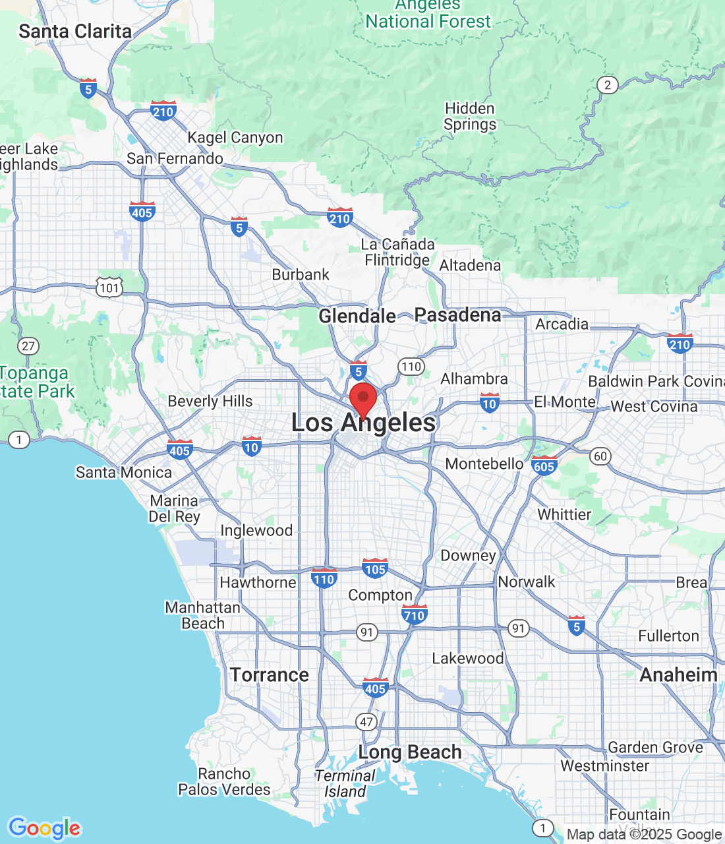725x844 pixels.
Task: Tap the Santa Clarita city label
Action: click(75, 31)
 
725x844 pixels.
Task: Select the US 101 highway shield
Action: click(109, 287)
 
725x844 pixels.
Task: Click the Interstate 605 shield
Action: click(544, 466)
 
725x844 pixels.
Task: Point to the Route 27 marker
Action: click(28, 346)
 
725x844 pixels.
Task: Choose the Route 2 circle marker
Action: click(608, 84)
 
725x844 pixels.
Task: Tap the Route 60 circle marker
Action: click(600, 456)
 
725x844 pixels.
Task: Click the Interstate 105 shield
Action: click(374, 568)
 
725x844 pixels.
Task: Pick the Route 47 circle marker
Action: click(366, 721)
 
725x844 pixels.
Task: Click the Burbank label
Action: click(301, 274)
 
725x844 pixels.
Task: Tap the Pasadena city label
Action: click(457, 315)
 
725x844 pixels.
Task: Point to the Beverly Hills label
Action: click(210, 401)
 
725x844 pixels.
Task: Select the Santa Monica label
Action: click(124, 472)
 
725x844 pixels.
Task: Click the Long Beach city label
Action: click(409, 752)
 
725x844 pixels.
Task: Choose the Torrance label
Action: click(270, 675)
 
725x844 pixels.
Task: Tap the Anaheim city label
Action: click(678, 675)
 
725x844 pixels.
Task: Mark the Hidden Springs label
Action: click(470, 116)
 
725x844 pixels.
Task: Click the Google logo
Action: click(45, 828)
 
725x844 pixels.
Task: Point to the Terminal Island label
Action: click(345, 783)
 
